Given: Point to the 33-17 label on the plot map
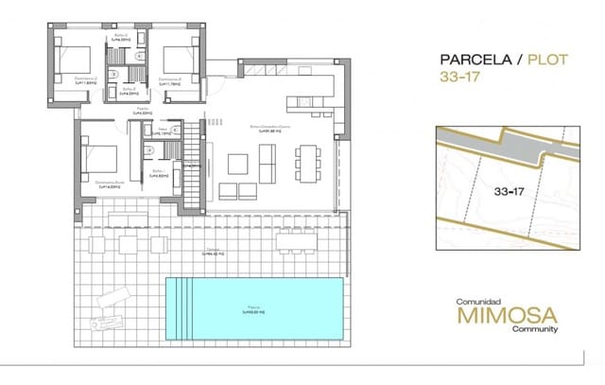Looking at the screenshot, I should (509, 191).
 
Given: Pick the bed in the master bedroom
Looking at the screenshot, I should (104, 155).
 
